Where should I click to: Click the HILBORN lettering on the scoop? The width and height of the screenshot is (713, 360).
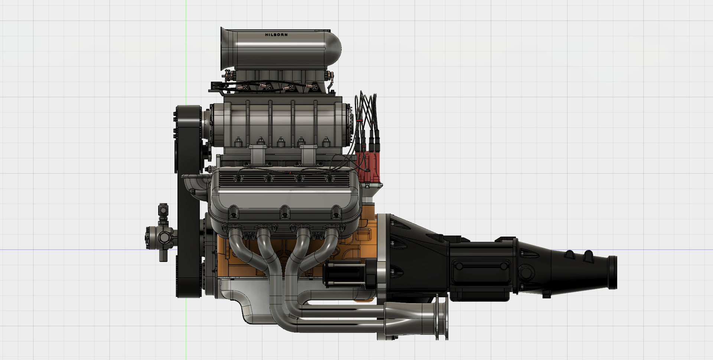click(276, 35)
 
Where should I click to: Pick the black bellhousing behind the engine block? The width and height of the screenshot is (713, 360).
click(412, 253)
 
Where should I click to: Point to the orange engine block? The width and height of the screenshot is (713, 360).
click(241, 260)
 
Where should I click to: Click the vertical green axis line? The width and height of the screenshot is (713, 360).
click(186, 56)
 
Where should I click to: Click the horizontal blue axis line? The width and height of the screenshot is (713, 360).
click(74, 249)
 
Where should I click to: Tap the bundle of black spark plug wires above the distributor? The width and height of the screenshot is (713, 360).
click(366, 111)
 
